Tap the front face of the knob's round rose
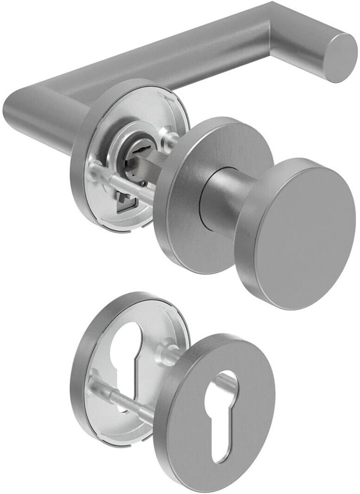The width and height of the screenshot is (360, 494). point(186,218)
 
